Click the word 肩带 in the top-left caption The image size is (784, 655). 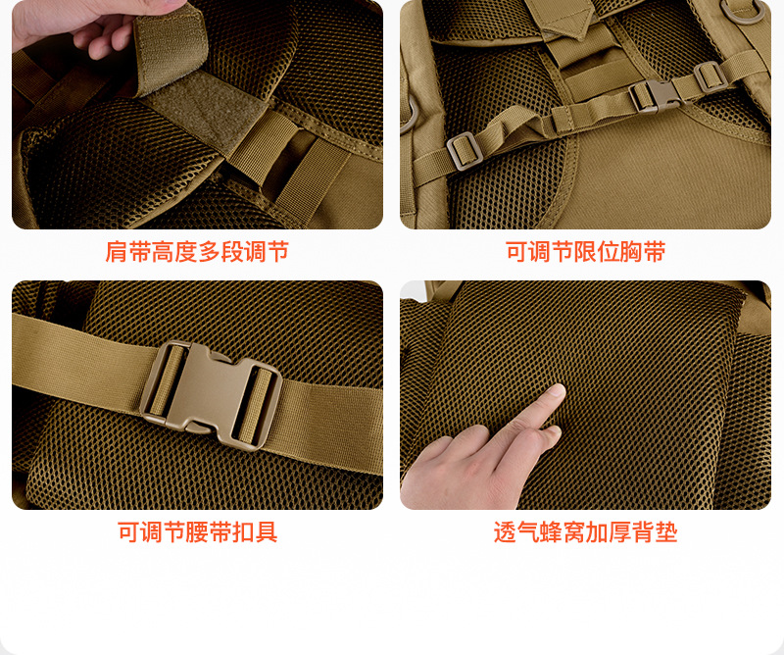click(x=127, y=251)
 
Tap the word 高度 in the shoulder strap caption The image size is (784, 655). click(x=174, y=251)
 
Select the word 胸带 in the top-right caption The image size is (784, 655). click(x=643, y=251)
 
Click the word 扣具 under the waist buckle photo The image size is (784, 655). click(x=255, y=531)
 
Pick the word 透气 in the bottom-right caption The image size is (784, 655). click(x=516, y=531)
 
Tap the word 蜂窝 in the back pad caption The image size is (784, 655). click(x=563, y=531)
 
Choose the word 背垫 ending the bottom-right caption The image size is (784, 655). click(x=655, y=531)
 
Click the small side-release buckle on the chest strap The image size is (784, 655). click(x=655, y=95)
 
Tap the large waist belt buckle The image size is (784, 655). click(x=210, y=394)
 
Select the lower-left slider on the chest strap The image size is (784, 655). click(x=465, y=150)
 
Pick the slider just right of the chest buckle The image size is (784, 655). click(x=710, y=76)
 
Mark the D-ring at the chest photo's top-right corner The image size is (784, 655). click(x=742, y=11)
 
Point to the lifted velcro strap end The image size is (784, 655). click(x=170, y=47)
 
